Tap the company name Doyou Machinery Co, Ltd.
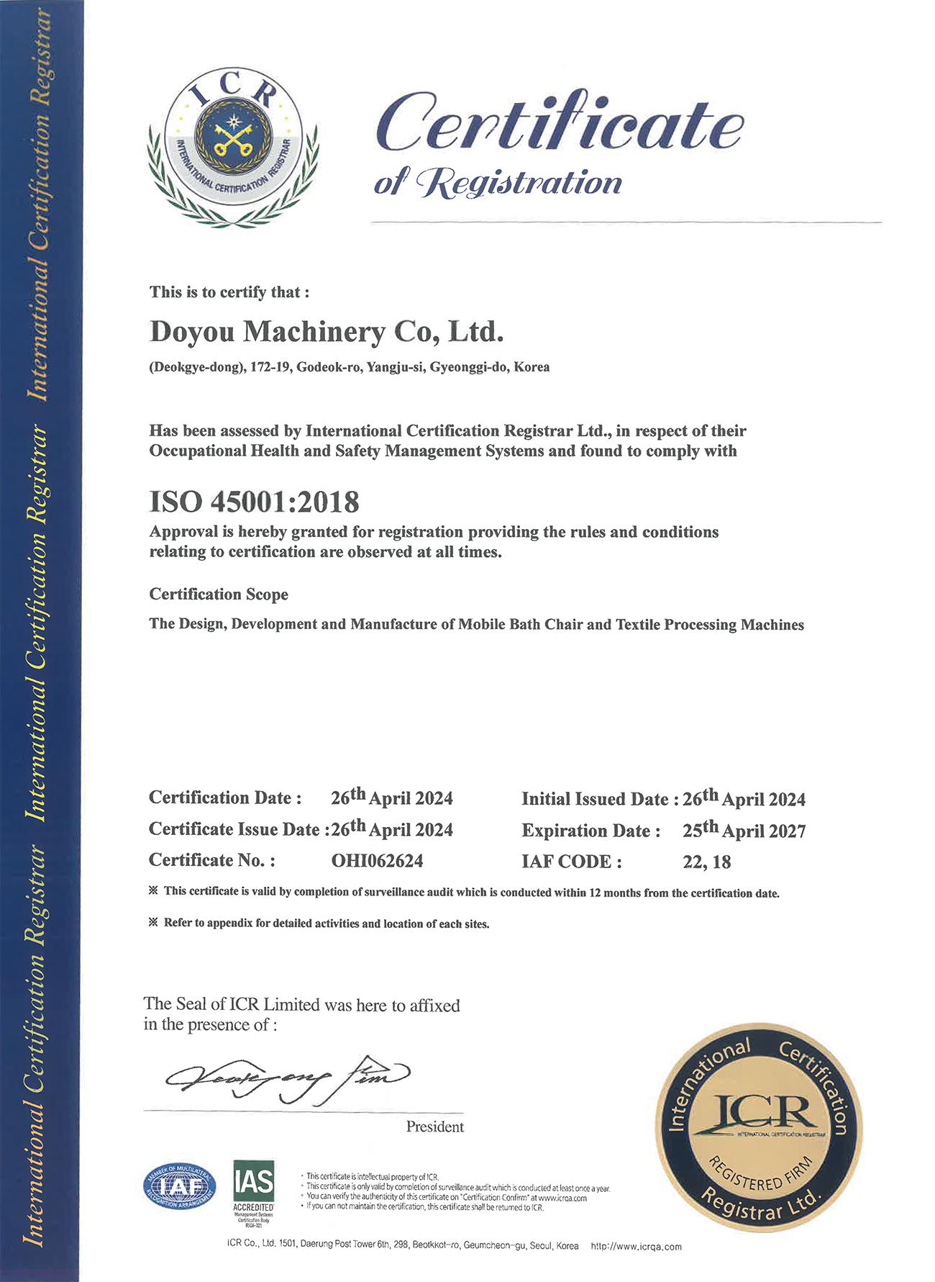327,332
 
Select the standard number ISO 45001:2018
254,502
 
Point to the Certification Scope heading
219,595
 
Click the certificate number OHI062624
377,861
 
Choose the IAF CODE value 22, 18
706,862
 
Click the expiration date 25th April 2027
744,831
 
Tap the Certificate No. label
211,861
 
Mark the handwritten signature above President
288,1078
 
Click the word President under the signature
434,1127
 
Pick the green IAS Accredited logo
254,1187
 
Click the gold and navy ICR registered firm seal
759,1127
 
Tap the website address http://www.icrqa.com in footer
636,1247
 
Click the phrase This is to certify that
229,292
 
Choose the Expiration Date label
590,831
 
